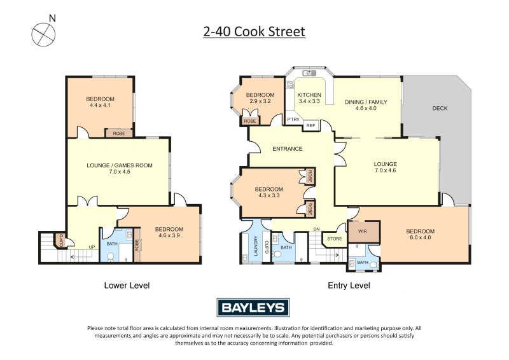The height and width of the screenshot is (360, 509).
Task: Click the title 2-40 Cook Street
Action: (x=254, y=31)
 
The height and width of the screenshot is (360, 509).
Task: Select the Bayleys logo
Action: (x=254, y=308)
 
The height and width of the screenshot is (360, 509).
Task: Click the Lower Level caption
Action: (x=127, y=286)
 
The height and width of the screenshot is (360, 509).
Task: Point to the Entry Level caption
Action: (x=348, y=286)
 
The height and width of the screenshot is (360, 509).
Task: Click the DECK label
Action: (x=440, y=108)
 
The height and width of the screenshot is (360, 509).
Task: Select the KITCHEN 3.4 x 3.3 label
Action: (x=309, y=99)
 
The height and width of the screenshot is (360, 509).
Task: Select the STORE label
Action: (x=335, y=239)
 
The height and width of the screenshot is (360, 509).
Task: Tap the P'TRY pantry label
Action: (x=293, y=120)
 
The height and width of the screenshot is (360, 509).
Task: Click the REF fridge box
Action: (x=311, y=126)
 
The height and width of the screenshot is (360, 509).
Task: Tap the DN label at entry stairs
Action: (x=316, y=230)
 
